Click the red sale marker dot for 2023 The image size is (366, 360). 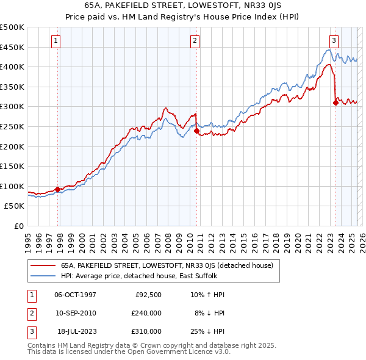coord(335,103)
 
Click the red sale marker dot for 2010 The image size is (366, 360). coord(197,131)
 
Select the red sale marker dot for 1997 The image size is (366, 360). coord(58,189)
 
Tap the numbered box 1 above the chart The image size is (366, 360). coord(56,41)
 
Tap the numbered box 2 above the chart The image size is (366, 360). coord(195,41)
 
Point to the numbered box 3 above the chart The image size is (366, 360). coord(334,41)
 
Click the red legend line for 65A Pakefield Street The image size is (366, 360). coord(43,266)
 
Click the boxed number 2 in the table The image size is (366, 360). coord(30,313)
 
